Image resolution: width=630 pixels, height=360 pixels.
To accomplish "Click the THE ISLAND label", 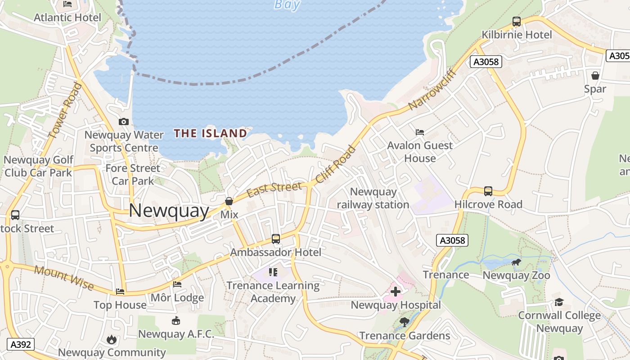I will click(211, 133).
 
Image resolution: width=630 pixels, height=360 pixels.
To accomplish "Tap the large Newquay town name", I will click(169, 211).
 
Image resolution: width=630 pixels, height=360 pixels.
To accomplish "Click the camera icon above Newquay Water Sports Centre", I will click(123, 121).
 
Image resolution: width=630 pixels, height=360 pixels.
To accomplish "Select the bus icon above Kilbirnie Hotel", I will click(516, 22).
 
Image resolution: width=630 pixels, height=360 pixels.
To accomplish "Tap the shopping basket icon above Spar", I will click(595, 76).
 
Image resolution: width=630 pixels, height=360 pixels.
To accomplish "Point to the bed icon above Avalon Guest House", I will click(419, 132).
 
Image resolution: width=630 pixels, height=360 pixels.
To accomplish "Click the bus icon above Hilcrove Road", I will click(488, 191).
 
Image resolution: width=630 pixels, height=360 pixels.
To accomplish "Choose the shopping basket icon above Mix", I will click(229, 201).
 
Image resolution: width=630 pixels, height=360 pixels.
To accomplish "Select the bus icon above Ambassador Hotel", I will click(275, 239).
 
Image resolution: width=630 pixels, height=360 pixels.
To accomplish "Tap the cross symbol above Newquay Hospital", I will click(396, 292).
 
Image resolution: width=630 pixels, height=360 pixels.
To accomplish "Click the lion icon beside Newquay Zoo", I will click(516, 262).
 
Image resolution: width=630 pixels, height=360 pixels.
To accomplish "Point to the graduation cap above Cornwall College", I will click(559, 302).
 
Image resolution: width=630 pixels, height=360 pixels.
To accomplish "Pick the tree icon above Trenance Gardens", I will click(404, 322).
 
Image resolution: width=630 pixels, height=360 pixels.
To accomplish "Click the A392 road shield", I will click(21, 345).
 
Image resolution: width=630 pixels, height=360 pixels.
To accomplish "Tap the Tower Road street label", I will click(65, 110).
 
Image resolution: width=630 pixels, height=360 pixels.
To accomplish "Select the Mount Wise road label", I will click(64, 278).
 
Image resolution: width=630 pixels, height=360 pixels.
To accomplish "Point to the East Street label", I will click(274, 189).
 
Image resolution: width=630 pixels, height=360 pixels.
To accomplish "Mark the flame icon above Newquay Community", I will click(112, 340).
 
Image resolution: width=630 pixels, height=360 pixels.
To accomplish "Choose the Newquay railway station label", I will click(373, 198).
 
